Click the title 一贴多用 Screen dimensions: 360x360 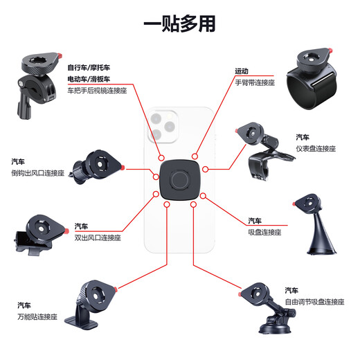179,24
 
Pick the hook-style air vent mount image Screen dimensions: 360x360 96,169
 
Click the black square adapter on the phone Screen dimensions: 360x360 180,181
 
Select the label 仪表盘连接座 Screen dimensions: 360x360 315,148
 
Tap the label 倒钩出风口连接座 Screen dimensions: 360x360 38,173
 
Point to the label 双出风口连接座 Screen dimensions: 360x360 98,237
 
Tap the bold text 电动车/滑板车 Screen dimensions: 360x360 89,79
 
